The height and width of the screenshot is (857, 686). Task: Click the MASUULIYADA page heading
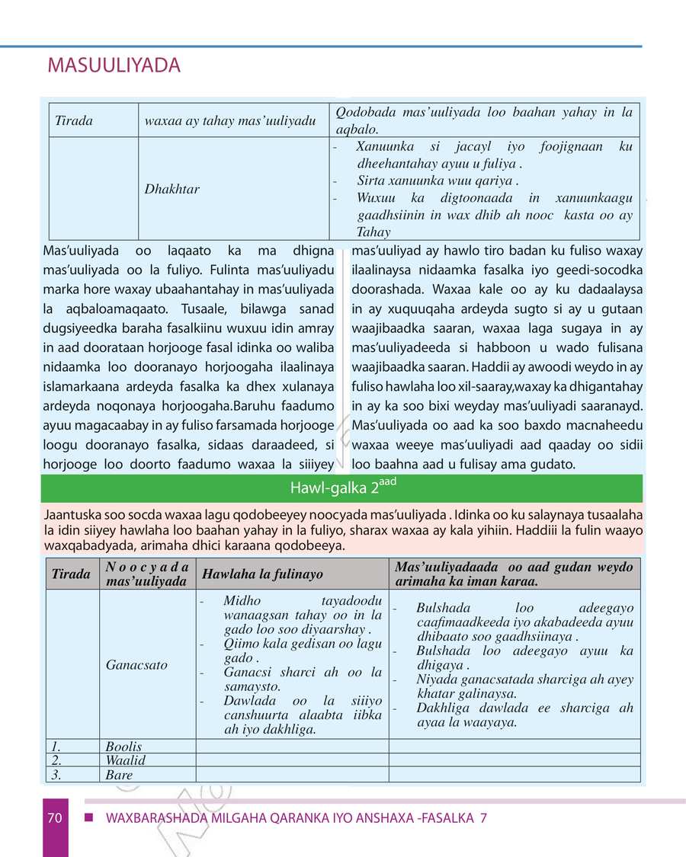point(114,66)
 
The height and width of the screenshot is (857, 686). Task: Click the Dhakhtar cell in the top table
point(172,189)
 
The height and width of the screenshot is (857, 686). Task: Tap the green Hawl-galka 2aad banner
point(341,488)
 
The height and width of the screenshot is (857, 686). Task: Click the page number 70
point(54,818)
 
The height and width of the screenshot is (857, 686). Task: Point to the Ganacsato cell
point(136,664)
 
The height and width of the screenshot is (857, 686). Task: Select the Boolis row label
point(123,747)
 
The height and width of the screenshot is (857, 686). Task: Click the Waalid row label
point(125,760)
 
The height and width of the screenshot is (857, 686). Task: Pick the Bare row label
point(119,775)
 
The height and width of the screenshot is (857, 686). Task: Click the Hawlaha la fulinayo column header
point(251,574)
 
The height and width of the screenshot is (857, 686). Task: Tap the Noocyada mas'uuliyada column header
point(147,574)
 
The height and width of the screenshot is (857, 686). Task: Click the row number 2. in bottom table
point(55,760)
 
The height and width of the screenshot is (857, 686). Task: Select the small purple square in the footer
point(88,818)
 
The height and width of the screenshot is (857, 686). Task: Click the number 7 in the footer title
point(483,818)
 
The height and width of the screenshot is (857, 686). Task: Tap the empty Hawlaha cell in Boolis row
point(293,747)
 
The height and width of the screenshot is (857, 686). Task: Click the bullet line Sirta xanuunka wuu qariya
point(438,181)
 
